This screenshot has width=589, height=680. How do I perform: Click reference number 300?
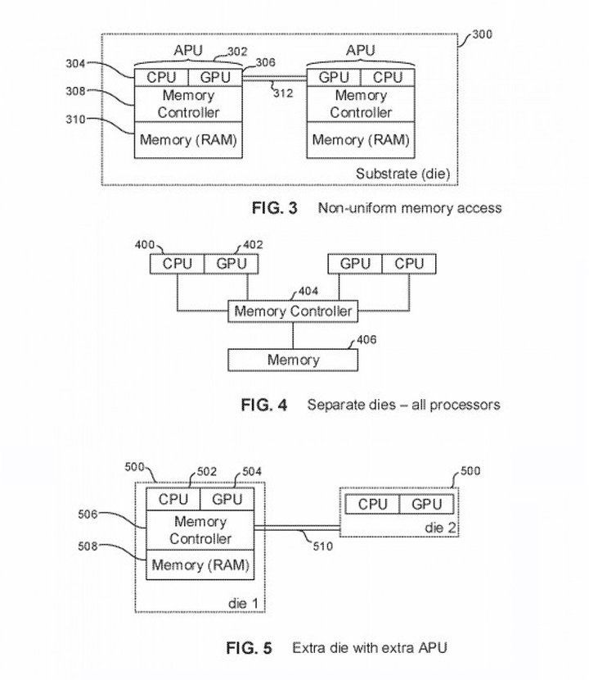[x=482, y=34]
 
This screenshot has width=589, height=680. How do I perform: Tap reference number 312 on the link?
[x=283, y=93]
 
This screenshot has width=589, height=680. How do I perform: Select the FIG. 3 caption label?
[x=275, y=208]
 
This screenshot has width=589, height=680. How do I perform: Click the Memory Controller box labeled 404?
[x=293, y=311]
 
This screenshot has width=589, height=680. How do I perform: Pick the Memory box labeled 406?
[x=293, y=360]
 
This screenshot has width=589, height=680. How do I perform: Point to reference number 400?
[x=145, y=245]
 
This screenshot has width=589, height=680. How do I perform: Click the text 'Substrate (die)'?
[x=402, y=174]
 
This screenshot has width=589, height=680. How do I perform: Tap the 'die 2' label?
[x=440, y=528]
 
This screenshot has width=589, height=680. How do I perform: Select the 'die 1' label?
[x=242, y=603]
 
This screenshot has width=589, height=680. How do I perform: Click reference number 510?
[x=322, y=546]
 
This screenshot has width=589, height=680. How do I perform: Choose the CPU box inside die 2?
[x=372, y=505]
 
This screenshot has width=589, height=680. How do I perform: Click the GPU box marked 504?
[x=227, y=499]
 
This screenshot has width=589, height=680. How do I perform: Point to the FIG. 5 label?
[x=249, y=648]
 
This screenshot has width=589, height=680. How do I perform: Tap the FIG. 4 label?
[x=264, y=405]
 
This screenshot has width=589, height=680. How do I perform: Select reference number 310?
[x=75, y=120]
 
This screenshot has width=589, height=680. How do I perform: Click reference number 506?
[x=88, y=515]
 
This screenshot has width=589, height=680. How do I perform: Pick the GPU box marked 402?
[x=232, y=264]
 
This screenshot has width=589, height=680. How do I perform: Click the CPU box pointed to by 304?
[x=161, y=78]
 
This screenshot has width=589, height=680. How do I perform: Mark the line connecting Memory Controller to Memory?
[x=293, y=336]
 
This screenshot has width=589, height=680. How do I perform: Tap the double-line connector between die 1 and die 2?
[x=297, y=528]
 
